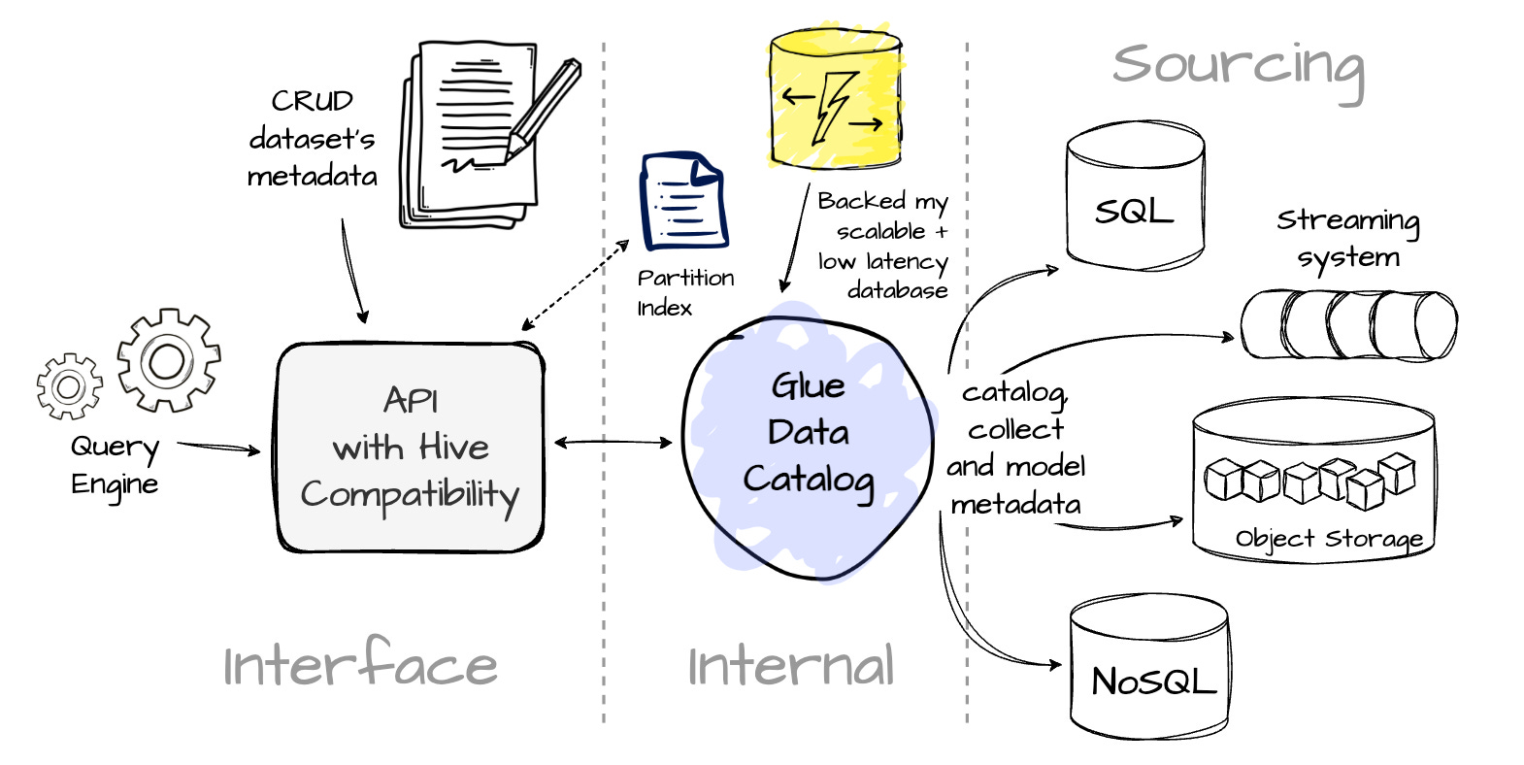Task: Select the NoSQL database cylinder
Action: [x=1150, y=666]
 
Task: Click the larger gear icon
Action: [x=168, y=360]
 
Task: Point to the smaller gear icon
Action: [x=68, y=386]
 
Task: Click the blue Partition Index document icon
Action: [x=683, y=203]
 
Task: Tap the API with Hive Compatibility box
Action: [x=410, y=448]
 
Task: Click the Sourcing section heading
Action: [x=1238, y=66]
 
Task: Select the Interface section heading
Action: [x=360, y=664]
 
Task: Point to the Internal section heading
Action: [x=790, y=666]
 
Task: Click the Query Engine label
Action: [x=115, y=465]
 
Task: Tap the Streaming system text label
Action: [x=1347, y=239]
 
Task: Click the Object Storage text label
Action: [x=1329, y=539]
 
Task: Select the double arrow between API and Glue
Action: [x=613, y=443]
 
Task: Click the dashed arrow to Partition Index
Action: [x=575, y=285]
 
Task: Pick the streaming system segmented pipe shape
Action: [x=1348, y=324]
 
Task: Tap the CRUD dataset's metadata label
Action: [x=312, y=139]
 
